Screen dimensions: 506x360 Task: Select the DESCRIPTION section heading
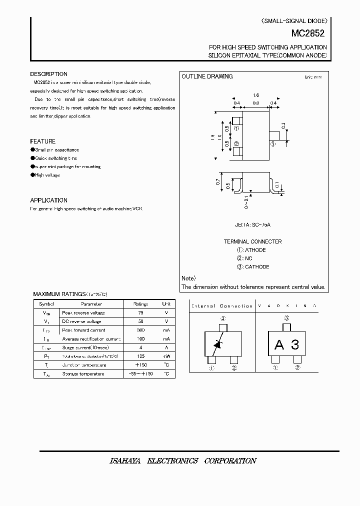click(48, 74)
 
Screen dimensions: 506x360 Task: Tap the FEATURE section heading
click(42, 141)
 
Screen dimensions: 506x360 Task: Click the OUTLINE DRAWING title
click(206, 76)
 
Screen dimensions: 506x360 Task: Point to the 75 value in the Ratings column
click(140, 312)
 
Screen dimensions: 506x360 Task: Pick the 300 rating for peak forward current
click(140, 330)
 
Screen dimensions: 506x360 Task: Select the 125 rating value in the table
click(140, 356)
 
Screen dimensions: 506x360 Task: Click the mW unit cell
click(166, 356)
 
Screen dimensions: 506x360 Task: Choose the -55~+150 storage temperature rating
click(140, 373)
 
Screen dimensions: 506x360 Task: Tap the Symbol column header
click(46, 303)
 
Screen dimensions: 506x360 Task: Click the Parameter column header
click(91, 303)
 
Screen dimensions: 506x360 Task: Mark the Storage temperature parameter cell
click(83, 373)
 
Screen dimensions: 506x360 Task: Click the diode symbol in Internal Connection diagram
click(217, 344)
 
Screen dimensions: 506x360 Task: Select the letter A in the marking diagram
click(279, 344)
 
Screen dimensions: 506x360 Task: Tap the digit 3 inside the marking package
click(295, 344)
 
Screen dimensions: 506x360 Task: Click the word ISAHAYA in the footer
click(125, 460)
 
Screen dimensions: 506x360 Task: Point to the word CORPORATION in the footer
click(230, 460)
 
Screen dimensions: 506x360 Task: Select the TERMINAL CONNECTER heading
click(252, 241)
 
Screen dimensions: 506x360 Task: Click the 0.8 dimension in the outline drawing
click(255, 103)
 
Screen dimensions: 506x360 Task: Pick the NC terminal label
click(248, 258)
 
